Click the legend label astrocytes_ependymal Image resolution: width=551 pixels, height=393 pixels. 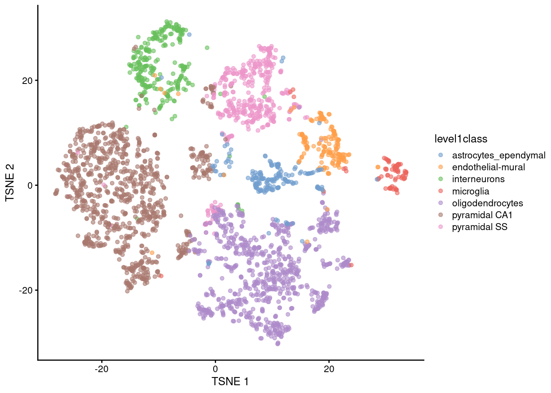pyautogui.click(x=499, y=155)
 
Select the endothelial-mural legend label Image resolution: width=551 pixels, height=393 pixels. pyautogui.click(x=488, y=167)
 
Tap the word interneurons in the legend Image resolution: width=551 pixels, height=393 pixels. pyautogui.click(x=478, y=179)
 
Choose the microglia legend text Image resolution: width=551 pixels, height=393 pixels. pyautogui.click(x=470, y=191)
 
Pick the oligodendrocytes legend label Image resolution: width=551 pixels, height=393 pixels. pyautogui.click(x=487, y=203)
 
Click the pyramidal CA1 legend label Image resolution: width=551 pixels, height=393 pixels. pyautogui.click(x=482, y=215)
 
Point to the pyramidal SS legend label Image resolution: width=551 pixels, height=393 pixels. pyautogui.click(x=479, y=227)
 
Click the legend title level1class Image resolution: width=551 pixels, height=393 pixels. pyautogui.click(x=460, y=139)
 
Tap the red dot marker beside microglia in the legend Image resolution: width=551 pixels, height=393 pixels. pyautogui.click(x=441, y=191)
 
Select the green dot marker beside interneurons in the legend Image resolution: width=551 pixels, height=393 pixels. pyautogui.click(x=441, y=179)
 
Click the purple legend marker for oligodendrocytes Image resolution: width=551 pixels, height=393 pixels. pyautogui.click(x=441, y=203)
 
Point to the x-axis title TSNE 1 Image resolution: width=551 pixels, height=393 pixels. pyautogui.click(x=230, y=382)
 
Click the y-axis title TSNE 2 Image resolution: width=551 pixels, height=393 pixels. pyautogui.click(x=10, y=183)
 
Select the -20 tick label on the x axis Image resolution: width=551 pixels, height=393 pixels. pyautogui.click(x=101, y=369)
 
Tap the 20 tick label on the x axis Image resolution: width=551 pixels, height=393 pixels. pyautogui.click(x=329, y=369)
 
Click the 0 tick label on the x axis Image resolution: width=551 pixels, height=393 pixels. pyautogui.click(x=215, y=369)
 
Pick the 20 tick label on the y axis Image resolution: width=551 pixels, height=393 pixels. pyautogui.click(x=27, y=81)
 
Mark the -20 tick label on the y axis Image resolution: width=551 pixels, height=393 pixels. pyautogui.click(x=25, y=290)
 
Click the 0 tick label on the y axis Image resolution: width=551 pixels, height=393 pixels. pyautogui.click(x=30, y=185)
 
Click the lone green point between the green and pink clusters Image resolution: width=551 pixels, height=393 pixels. pyautogui.click(x=207, y=48)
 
